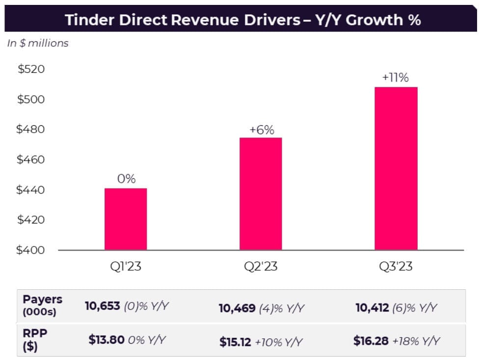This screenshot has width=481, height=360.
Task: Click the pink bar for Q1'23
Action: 126,219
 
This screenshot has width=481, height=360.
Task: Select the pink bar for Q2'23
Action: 261,194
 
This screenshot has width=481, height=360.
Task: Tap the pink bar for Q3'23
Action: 396,168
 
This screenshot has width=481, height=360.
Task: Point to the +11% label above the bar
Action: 396,78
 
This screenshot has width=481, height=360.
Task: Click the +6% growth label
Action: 262,130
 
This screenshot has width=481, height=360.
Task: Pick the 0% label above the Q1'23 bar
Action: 126,179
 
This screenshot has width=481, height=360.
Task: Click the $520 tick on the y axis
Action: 31,69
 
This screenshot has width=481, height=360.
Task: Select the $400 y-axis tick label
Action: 30,250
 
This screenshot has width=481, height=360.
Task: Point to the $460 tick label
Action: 30,160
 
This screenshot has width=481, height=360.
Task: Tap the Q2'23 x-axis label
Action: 261,266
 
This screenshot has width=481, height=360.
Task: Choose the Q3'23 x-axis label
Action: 396,266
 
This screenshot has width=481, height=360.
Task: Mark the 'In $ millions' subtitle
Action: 38,43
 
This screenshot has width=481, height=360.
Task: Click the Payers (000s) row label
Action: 42,305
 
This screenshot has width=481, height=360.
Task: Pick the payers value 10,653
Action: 102,306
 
